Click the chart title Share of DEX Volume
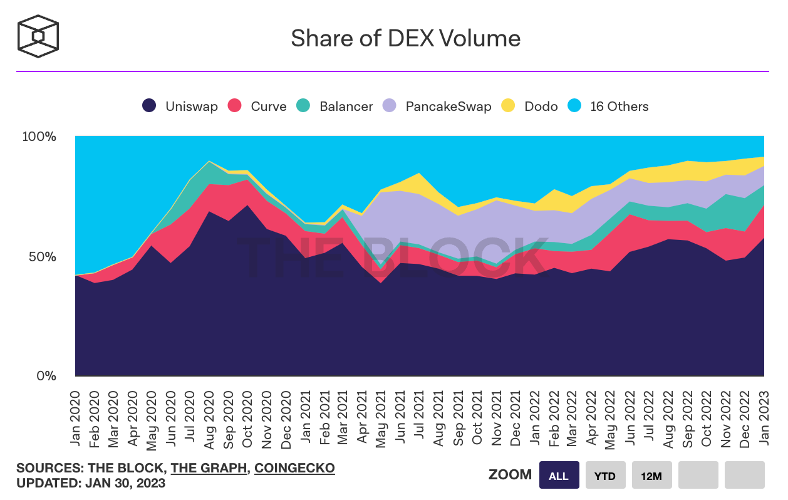(x=405, y=39)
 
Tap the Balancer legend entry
(x=334, y=107)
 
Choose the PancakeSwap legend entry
(x=437, y=107)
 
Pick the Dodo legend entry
(x=531, y=107)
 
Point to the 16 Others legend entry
(x=608, y=107)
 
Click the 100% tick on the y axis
(x=39, y=137)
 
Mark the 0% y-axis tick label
(x=46, y=376)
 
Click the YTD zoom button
(x=605, y=476)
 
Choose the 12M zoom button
(x=651, y=476)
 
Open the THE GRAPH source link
(x=209, y=468)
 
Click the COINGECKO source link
(x=294, y=468)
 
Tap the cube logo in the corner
(x=38, y=36)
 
